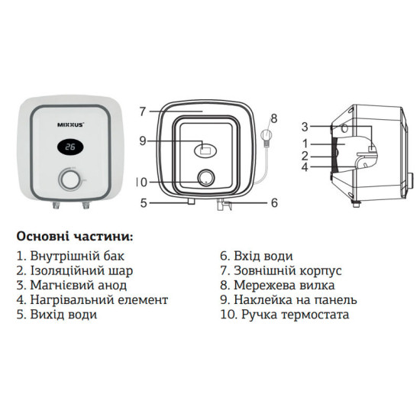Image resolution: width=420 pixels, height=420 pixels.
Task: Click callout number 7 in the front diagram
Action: click(142, 111)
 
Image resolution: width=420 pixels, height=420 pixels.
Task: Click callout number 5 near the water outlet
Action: click(142, 203)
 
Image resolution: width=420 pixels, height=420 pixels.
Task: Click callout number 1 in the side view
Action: click(304, 143)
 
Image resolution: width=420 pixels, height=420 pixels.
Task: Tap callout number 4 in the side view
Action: click(304, 166)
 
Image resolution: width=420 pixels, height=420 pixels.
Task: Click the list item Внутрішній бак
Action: click(69, 256)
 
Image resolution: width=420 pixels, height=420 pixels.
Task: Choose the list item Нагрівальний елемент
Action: click(91, 299)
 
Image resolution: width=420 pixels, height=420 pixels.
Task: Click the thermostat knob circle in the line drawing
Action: click(205, 179)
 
